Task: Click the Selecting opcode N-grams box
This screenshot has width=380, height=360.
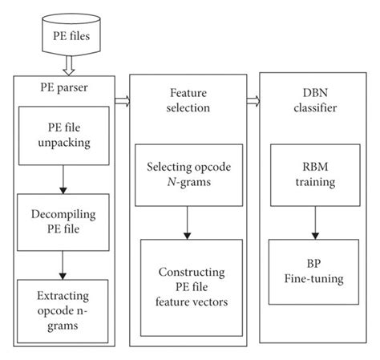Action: pyautogui.click(x=188, y=176)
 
